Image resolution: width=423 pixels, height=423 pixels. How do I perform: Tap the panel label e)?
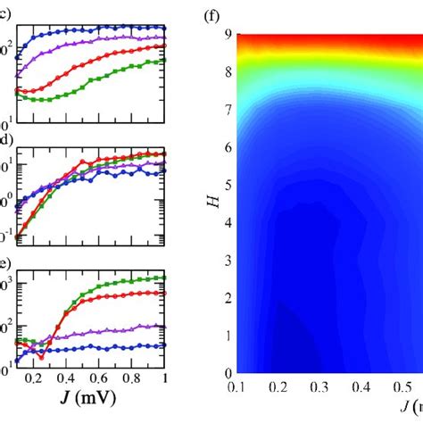5,264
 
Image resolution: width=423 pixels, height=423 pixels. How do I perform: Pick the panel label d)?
5,140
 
